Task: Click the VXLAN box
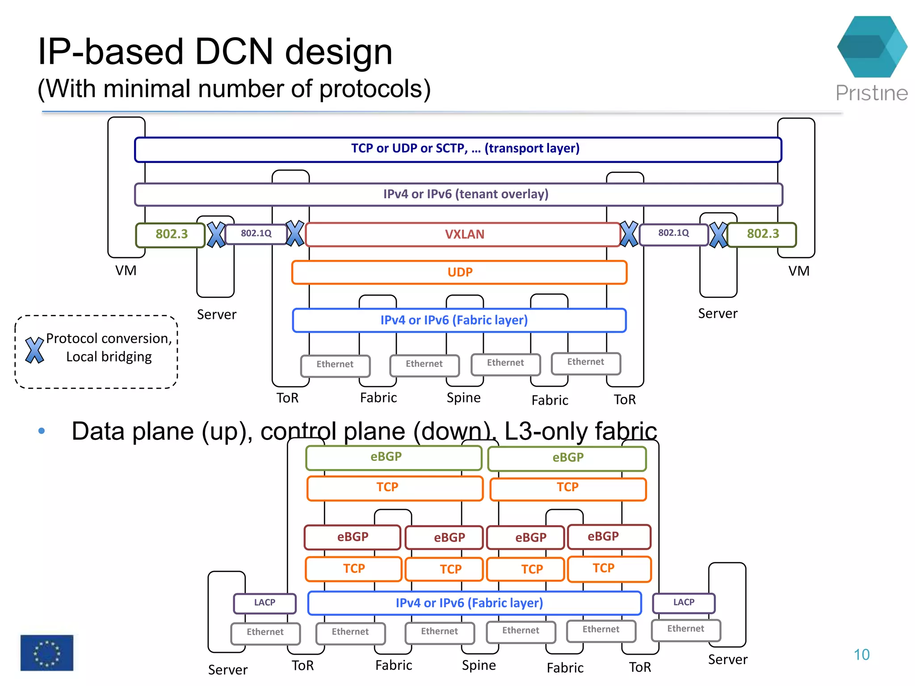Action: [x=463, y=234]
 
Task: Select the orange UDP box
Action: [x=459, y=272]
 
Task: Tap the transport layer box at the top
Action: [x=458, y=149]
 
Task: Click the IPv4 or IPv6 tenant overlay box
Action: [x=459, y=194]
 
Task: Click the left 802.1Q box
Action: [x=256, y=234]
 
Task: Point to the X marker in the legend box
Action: [x=34, y=350]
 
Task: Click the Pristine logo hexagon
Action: [x=872, y=47]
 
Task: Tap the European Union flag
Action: [x=47, y=653]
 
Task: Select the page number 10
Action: [x=861, y=655]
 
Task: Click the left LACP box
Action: [x=264, y=603]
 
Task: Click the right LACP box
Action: [x=684, y=602]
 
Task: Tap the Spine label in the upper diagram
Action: [x=464, y=398]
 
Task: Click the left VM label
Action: [x=126, y=271]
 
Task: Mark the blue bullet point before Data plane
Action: [x=42, y=431]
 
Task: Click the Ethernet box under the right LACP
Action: [x=685, y=629]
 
